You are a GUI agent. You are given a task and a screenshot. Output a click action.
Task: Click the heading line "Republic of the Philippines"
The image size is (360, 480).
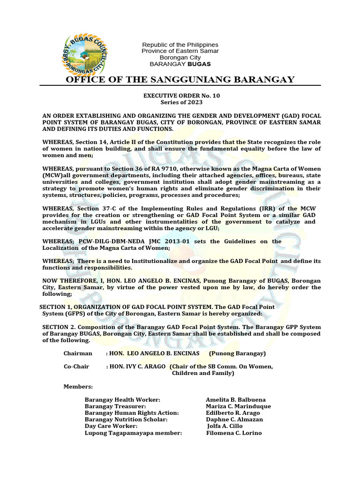180,44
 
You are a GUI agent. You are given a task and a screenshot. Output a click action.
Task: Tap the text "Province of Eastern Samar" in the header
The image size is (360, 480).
180,51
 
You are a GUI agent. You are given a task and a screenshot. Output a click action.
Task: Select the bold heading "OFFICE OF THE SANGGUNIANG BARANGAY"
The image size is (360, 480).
180,79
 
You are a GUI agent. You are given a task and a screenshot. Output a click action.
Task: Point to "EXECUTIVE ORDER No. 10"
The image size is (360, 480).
181,95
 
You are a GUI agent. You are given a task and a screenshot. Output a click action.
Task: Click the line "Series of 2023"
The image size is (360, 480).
181,102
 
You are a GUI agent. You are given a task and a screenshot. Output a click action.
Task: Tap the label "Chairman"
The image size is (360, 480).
78,353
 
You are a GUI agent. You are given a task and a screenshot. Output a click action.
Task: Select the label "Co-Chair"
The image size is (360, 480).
76,366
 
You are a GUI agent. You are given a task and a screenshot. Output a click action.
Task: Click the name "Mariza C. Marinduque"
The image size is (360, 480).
239,406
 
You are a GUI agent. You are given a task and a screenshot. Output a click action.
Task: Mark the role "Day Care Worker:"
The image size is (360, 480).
111,426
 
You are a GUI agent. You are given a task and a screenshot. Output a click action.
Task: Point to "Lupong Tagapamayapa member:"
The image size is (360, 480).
133,433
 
